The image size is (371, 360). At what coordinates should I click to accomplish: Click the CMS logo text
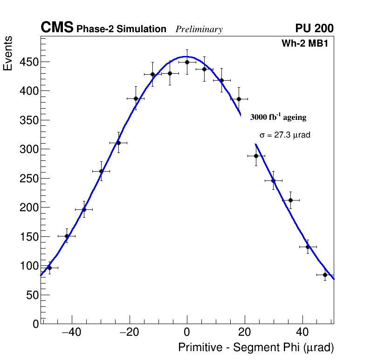[x=57, y=28]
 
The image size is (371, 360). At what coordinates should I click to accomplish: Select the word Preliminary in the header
[x=199, y=29]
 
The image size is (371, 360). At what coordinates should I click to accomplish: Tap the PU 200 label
[x=314, y=28]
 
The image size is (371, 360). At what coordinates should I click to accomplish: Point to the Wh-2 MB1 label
[x=307, y=44]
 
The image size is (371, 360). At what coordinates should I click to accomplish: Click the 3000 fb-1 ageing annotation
[x=278, y=117]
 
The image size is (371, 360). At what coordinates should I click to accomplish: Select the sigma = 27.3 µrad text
[x=285, y=135]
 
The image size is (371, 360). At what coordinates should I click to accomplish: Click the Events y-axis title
[x=8, y=54]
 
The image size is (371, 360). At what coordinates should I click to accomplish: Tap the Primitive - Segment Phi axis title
[x=256, y=348]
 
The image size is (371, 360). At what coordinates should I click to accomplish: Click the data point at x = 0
[x=187, y=62]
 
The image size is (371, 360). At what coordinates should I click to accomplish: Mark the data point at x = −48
[x=49, y=268]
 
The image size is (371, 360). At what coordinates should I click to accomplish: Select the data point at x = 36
[x=290, y=200]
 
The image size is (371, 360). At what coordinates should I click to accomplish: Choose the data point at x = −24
[x=118, y=143]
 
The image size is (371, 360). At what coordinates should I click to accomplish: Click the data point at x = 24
[x=256, y=156]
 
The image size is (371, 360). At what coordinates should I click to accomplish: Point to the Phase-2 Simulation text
[x=121, y=29]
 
